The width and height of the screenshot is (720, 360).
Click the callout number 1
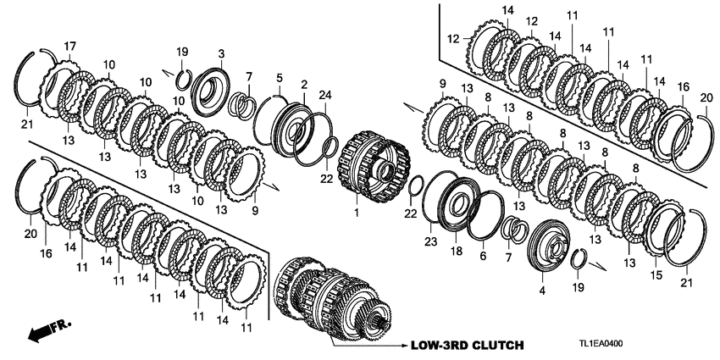point(357,212)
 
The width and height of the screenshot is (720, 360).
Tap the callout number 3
point(220,53)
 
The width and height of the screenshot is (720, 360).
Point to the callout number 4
point(542,290)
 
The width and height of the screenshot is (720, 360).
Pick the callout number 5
point(279,79)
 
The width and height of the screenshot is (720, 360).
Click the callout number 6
point(483,256)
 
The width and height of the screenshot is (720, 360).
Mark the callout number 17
point(69,45)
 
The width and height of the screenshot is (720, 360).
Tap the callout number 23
point(430,241)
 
